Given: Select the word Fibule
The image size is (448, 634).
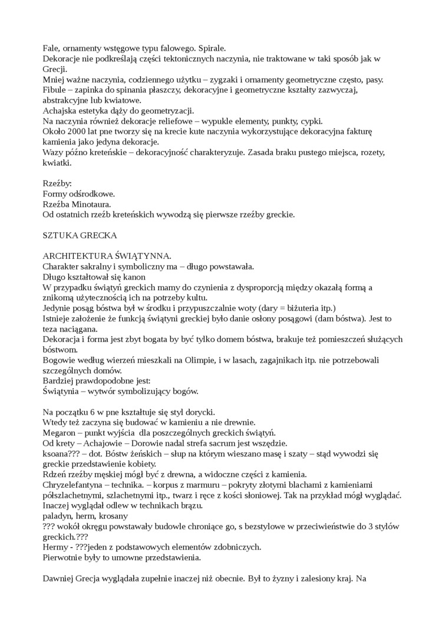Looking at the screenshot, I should [x=55, y=90].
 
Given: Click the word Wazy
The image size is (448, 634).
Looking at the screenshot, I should [x=53, y=153].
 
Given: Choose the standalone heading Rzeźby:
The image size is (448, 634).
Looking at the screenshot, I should [x=57, y=183].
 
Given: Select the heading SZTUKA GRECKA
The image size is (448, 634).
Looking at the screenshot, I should [x=80, y=235].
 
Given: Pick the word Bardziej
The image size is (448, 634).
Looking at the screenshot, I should [x=59, y=381].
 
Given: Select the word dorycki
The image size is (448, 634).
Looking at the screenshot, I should [x=201, y=412].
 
